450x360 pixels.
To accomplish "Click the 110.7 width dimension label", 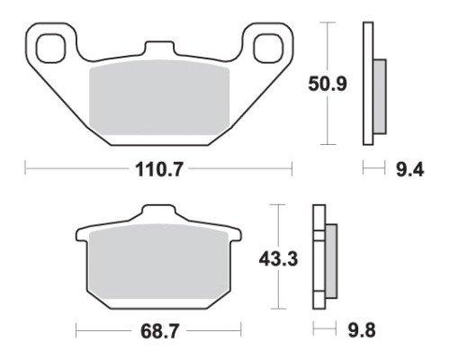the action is (x=158, y=169).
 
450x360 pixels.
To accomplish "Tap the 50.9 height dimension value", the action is (x=328, y=84).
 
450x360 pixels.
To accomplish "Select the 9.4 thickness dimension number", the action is (x=409, y=170).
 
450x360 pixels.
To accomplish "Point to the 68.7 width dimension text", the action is (x=159, y=331).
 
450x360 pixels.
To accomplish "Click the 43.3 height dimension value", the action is (x=278, y=259).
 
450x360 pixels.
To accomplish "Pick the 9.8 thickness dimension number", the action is (x=362, y=330).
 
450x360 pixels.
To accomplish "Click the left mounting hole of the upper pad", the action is (x=50, y=49).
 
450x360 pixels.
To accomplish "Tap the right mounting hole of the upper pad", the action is (x=268, y=49).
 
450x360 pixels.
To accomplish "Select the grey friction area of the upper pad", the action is (x=159, y=97).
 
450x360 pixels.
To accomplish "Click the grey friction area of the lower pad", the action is (x=158, y=261).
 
